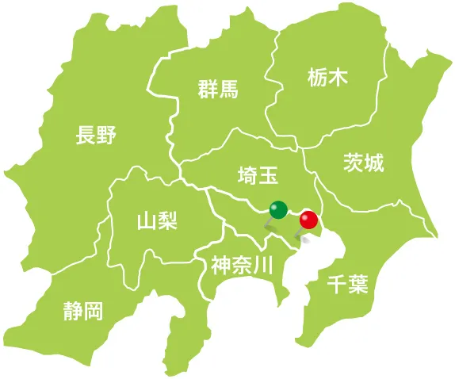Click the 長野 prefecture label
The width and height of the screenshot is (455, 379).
click(x=95, y=136)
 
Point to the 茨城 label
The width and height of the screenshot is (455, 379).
click(x=364, y=163)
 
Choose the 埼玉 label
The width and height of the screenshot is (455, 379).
click(x=257, y=174)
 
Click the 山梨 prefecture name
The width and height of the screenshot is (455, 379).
click(x=157, y=220)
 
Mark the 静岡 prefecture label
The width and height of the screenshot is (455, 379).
click(x=83, y=310)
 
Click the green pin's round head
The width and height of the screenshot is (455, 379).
click(x=278, y=209)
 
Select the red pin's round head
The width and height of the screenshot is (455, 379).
click(x=308, y=220)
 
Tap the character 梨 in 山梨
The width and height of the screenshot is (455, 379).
click(x=167, y=220)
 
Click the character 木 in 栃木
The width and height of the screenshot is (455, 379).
click(x=337, y=78)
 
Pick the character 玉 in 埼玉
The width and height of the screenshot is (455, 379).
click(x=267, y=174)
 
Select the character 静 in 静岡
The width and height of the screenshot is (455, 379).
click(x=73, y=310)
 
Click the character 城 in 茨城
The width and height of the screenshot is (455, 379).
click(x=374, y=163)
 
